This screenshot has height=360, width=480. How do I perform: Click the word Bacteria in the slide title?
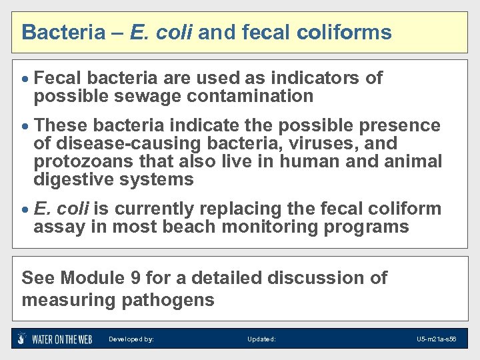point(59,32)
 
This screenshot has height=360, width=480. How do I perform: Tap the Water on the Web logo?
point(55,339)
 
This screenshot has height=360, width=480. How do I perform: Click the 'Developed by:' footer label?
point(131,339)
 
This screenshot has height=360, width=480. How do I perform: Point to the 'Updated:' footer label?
point(261,339)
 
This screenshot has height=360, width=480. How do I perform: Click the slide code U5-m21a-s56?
point(436,339)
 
